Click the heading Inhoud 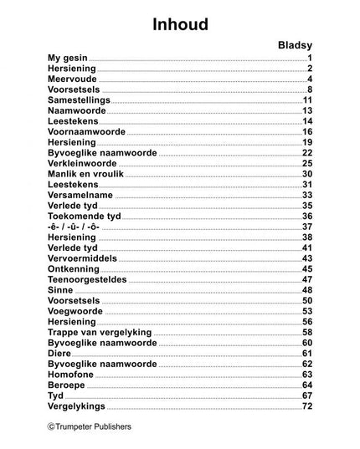(x=180, y=25)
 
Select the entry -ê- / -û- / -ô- (x=75, y=227)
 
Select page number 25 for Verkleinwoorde (x=306, y=164)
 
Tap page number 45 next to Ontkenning (x=306, y=269)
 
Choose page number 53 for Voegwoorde (x=306, y=311)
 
